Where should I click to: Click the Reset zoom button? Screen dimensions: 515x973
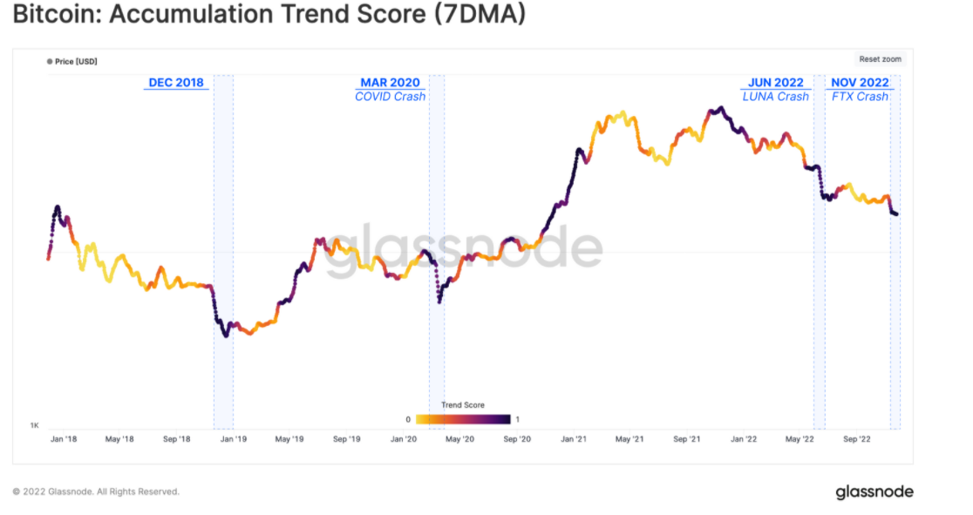[881, 59]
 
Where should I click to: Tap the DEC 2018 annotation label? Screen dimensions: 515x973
[176, 83]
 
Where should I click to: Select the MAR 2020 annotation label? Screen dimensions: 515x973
[390, 83]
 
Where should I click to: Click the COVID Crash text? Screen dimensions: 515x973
[390, 97]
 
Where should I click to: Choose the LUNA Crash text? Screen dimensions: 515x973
[775, 97]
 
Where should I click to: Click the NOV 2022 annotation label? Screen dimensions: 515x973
[860, 83]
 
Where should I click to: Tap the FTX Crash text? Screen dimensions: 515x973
[860, 97]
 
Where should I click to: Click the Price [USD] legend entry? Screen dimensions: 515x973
[72, 63]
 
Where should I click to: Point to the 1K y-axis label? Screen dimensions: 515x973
[35, 425]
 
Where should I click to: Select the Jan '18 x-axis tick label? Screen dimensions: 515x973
[64, 439]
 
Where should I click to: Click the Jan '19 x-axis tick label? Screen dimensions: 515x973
[233, 439]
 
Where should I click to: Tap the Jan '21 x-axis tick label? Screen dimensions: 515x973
[573, 439]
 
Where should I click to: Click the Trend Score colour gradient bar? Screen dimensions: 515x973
[463, 419]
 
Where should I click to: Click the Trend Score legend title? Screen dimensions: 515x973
[463, 405]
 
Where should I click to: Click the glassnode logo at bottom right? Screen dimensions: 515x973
[874, 491]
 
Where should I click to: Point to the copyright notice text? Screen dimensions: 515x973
[96, 491]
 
